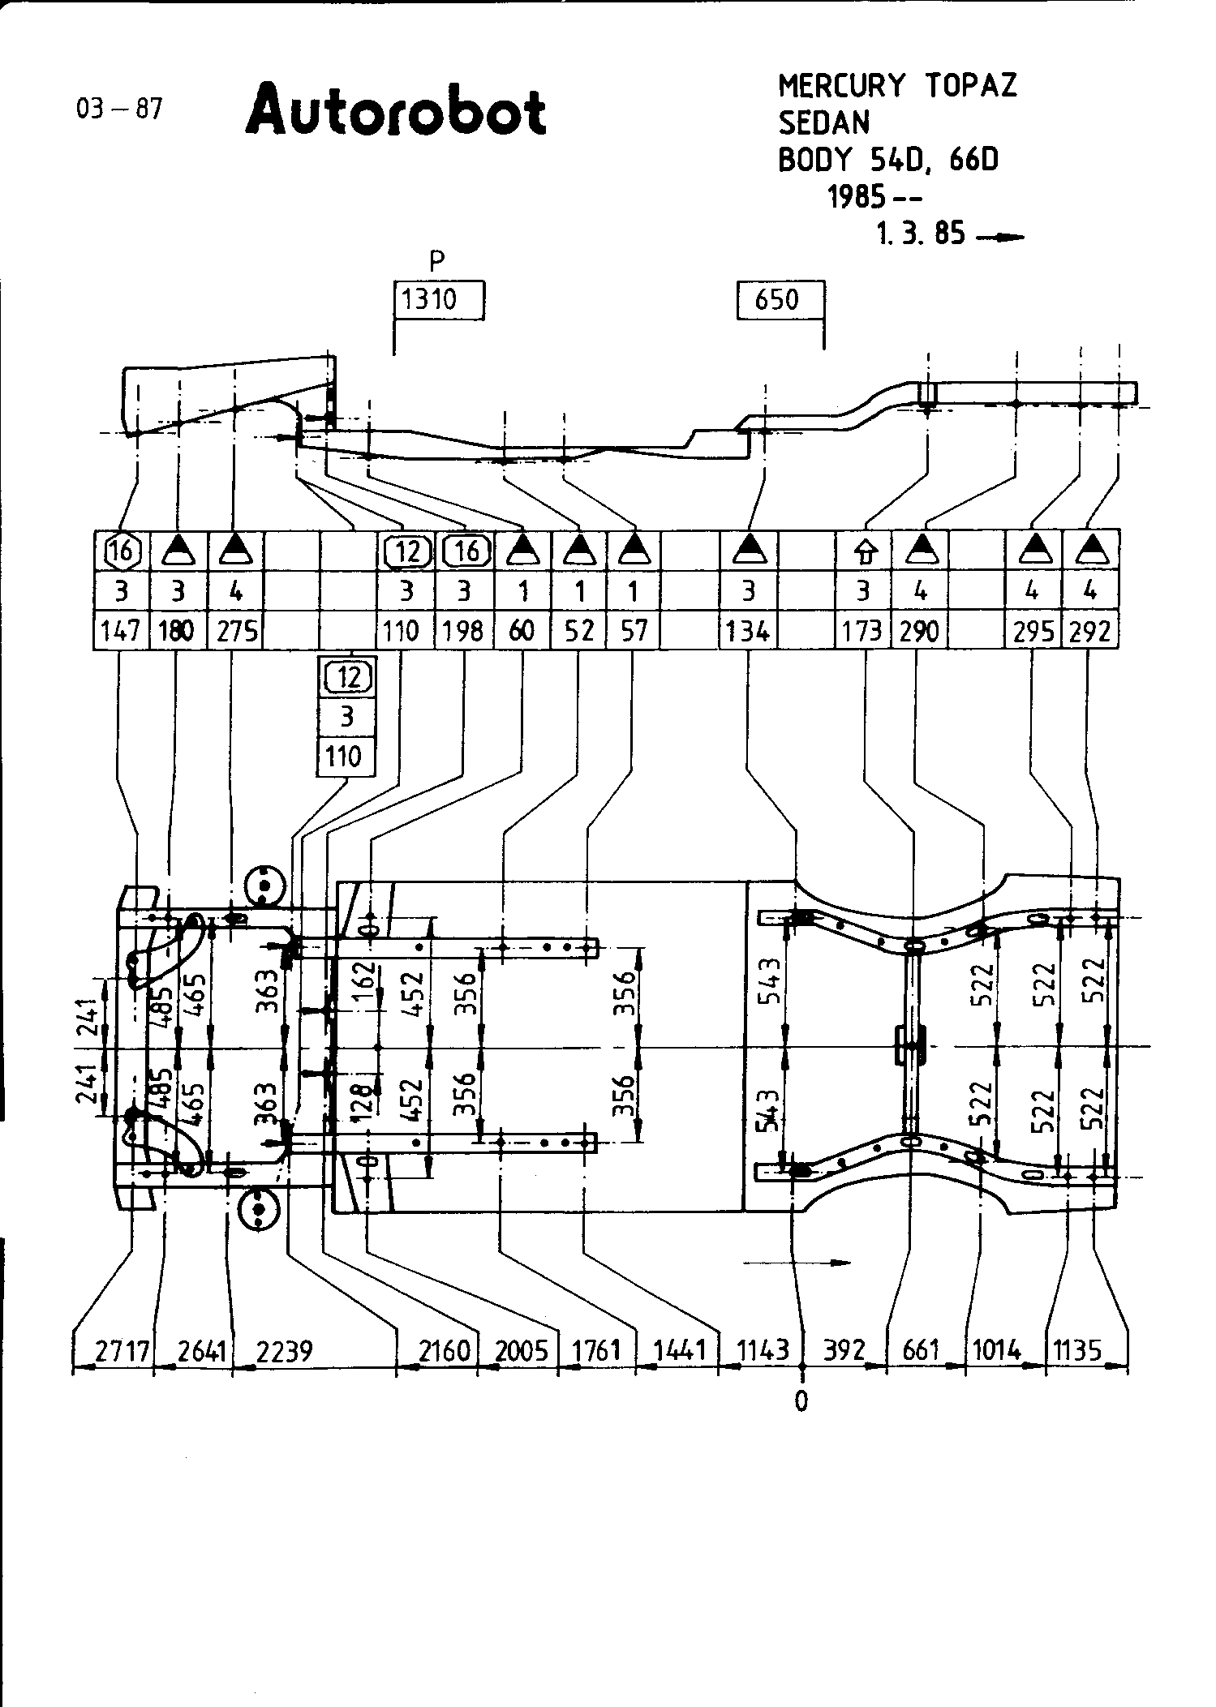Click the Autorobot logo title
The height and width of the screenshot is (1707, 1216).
395,110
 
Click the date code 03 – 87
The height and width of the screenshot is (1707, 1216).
118,108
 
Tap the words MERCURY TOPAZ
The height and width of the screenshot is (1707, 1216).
897,85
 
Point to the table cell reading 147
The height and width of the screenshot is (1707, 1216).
121,630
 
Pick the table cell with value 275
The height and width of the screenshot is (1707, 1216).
237,630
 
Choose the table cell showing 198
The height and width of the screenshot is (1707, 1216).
463,630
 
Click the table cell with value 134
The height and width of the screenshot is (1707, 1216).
748,630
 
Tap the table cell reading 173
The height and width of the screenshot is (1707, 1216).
862,630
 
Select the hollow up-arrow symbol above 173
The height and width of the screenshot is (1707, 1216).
866,553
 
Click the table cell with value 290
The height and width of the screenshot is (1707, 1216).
919,630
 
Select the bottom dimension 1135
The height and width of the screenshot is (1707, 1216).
1078,1351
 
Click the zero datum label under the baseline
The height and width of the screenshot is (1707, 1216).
801,1402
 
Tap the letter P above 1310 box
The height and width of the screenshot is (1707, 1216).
437,260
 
